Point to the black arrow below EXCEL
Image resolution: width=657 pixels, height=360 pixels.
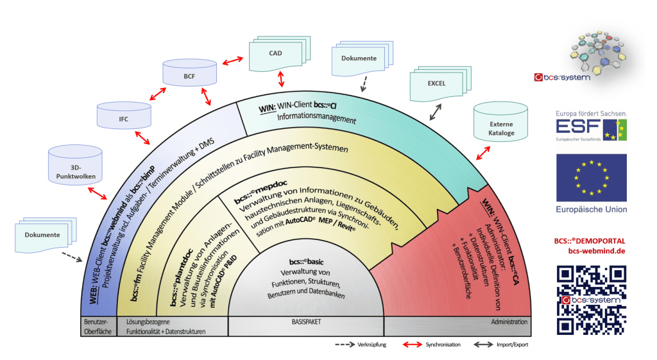(435, 114)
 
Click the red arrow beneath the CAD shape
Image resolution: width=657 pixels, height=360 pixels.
(280, 80)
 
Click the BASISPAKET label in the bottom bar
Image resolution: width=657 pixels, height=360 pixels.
(305, 321)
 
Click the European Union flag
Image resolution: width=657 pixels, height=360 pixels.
(591, 178)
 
